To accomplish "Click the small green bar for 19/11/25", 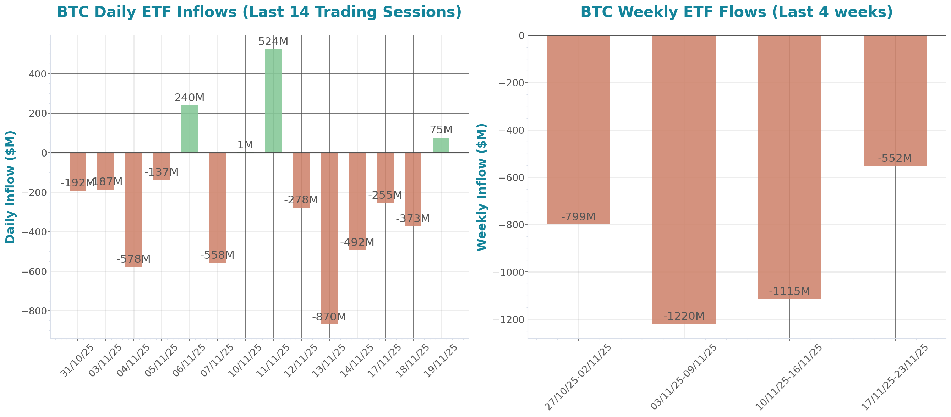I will click(x=441, y=145).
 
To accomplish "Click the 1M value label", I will click(x=245, y=145).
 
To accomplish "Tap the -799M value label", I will click(x=578, y=216).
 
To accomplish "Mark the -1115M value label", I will click(x=789, y=291).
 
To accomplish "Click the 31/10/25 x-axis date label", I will click(x=77, y=361).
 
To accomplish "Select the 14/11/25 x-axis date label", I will click(x=356, y=361).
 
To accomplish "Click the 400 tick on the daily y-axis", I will click(x=38, y=74).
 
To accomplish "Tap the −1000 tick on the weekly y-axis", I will click(x=509, y=272).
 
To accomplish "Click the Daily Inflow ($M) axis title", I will click(x=10, y=187).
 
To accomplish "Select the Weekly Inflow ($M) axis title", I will click(x=481, y=187).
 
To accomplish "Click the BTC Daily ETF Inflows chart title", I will click(x=259, y=12).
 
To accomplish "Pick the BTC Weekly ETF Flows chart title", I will click(x=737, y=12).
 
